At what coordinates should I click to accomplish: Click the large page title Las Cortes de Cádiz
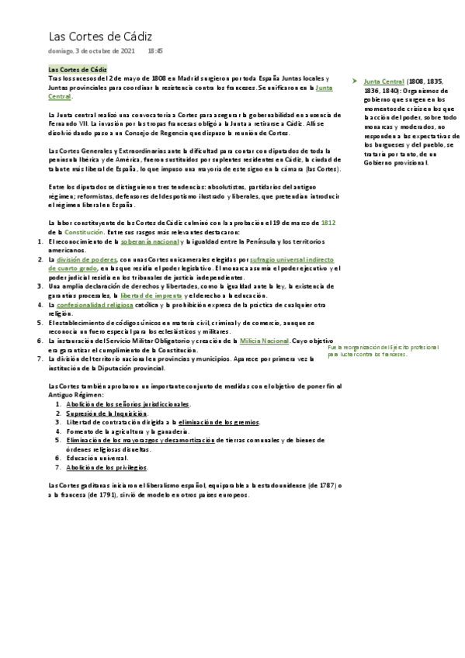[100, 36]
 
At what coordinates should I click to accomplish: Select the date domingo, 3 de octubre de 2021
[92, 51]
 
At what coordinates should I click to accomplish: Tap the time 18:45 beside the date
[155, 51]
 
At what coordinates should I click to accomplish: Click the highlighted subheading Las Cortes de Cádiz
[77, 70]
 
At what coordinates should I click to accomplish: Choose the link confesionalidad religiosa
[101, 305]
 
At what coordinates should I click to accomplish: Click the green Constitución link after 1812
[83, 233]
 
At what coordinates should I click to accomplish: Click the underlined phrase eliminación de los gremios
[219, 422]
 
